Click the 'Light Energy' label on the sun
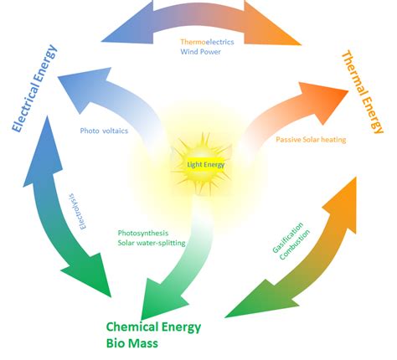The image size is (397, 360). (206, 165)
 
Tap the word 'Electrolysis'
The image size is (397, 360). (79, 211)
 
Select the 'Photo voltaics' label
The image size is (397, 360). (104, 131)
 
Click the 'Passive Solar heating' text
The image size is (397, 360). (311, 140)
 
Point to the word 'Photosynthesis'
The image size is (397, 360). (143, 233)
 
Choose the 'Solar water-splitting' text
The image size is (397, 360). (152, 243)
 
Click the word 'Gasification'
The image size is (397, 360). (287, 238)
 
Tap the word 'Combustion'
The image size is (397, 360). (295, 244)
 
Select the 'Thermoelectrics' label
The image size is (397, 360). (207, 42)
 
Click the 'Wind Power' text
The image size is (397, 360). (200, 52)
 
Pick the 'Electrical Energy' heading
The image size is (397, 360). (34, 88)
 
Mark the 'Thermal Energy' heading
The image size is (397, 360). (363, 92)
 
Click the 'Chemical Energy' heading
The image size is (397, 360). (153, 327)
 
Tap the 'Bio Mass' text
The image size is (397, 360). (132, 343)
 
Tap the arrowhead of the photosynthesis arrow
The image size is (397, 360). (161, 299)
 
